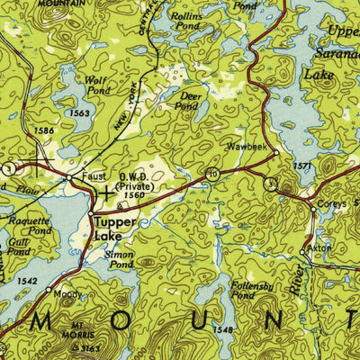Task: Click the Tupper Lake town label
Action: click(115, 229)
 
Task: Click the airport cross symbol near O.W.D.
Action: click(107, 192)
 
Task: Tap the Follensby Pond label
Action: click(248, 290)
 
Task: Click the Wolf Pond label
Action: click(96, 84)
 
